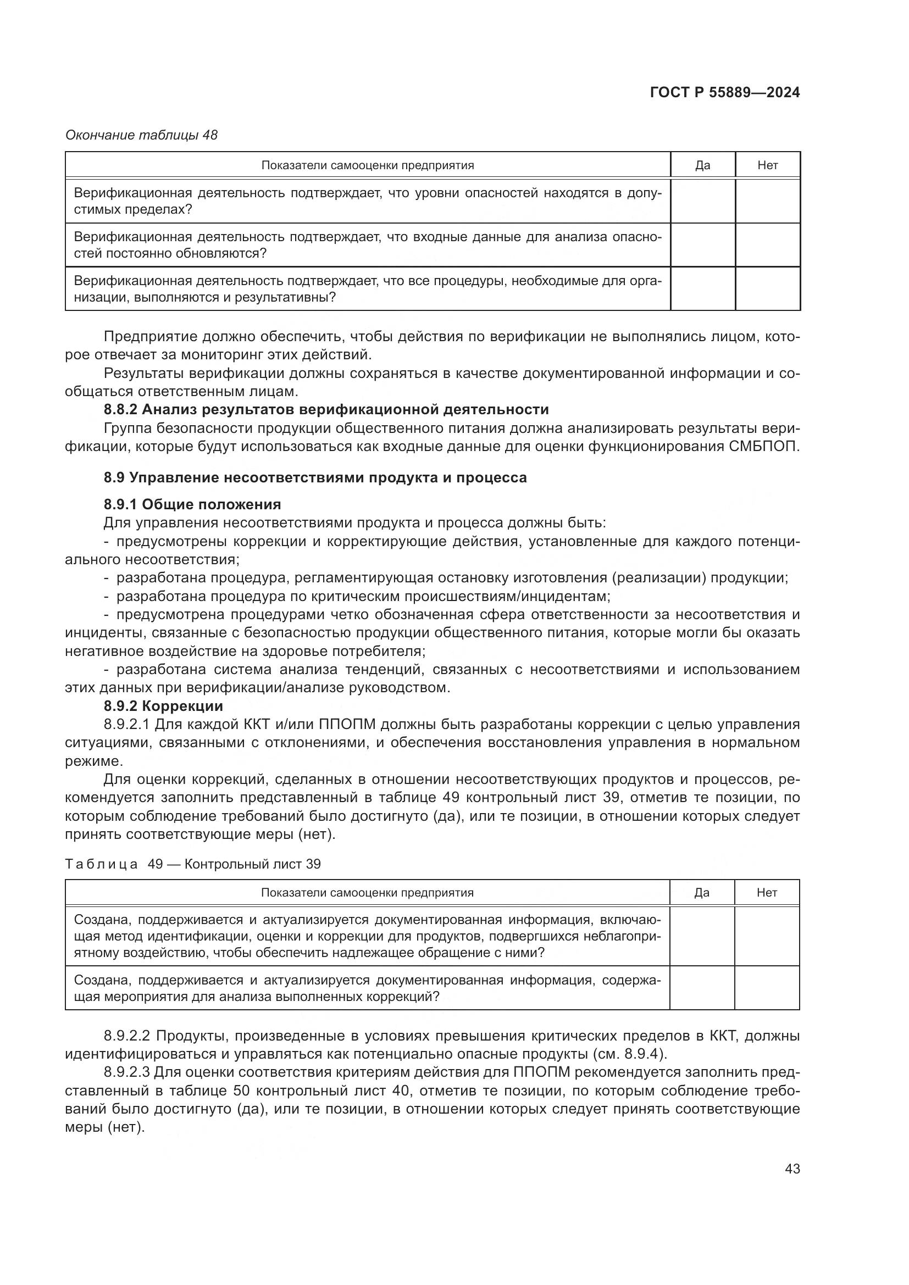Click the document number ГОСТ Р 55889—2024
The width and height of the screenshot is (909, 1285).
pos(725,92)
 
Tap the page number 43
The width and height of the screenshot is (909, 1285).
pos(792,1169)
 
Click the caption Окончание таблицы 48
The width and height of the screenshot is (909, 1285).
pos(141,136)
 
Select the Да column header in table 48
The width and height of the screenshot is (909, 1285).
pos(702,165)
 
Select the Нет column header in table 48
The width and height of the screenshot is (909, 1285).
pos(767,165)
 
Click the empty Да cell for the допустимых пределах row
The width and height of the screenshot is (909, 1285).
pos(702,201)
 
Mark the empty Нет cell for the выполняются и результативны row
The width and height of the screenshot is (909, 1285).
pos(767,289)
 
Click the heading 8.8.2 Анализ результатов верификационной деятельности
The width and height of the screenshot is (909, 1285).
pos(326,410)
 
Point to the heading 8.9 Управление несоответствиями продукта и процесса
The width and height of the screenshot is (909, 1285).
pos(315,477)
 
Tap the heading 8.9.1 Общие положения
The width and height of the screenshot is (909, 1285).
pos(192,504)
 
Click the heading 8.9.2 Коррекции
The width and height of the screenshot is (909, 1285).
pos(163,706)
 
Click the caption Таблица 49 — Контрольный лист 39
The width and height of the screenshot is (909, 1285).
pos(193,864)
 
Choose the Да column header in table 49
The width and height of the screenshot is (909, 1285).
pos(701,893)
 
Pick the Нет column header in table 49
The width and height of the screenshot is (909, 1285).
pos(766,893)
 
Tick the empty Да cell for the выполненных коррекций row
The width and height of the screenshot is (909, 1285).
pos(701,988)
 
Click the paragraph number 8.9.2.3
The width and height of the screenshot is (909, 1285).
pos(127,1072)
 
